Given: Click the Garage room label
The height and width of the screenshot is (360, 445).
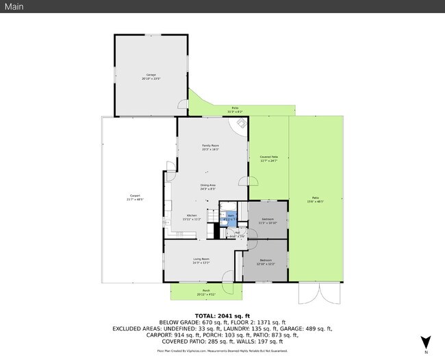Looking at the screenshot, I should coord(151,76).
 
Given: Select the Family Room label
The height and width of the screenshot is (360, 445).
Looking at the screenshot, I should coord(210,147).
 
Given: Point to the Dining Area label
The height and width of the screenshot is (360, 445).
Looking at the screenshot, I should coord(208,187).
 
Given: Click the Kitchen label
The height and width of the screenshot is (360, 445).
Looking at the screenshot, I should coord(192,218).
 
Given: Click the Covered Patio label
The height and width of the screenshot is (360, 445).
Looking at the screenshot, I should coord(268,159).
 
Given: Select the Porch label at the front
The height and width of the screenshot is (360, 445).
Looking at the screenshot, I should coord(205,292).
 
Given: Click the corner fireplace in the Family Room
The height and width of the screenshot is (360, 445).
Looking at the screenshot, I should coord(241,123).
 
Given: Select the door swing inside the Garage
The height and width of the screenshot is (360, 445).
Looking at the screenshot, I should coord(183,105).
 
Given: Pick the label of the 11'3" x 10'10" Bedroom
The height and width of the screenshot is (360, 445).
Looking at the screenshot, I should coord(268,221).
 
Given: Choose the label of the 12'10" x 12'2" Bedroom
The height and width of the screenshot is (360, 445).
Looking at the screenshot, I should coord(265,261).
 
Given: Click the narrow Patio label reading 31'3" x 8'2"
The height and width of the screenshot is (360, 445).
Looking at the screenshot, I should coord(235,110).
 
